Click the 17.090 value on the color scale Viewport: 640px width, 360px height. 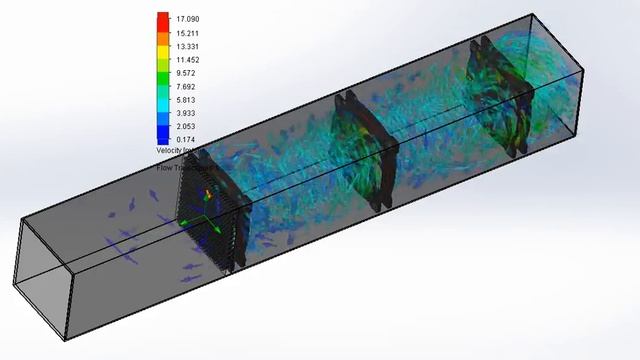(189, 19)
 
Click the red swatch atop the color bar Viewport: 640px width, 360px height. (162, 18)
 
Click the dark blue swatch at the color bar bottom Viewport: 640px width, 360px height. (162, 137)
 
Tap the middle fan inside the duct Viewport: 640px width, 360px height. (364, 150)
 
